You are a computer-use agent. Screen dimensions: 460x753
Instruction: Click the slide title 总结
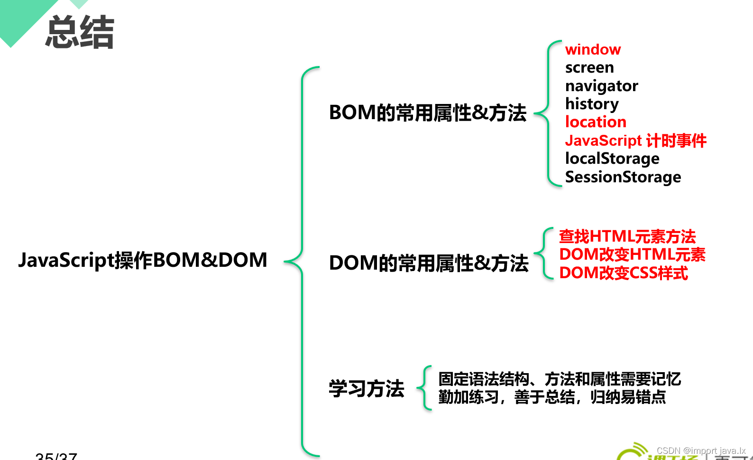point(80,32)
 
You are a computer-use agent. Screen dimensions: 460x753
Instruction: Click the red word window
point(593,49)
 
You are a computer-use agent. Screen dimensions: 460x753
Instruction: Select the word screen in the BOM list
point(589,67)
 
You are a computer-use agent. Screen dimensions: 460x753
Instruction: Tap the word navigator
point(601,86)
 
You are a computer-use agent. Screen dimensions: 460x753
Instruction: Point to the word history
point(592,104)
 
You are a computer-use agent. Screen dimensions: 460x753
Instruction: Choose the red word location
point(596,122)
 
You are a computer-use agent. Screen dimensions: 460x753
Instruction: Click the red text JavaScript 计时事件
point(635,141)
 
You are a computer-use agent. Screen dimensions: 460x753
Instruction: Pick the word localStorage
point(612,159)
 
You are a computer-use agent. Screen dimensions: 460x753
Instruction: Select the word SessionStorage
point(623,177)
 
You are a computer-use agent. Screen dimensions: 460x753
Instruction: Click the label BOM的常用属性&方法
point(428,113)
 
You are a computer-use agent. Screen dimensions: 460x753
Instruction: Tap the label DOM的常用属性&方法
point(429,263)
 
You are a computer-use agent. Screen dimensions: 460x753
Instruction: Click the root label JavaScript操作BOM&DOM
point(143,260)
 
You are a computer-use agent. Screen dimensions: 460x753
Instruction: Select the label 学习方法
point(367,388)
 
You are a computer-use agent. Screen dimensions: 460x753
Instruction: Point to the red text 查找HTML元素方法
point(627,236)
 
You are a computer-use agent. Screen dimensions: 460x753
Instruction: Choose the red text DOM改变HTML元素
point(632,254)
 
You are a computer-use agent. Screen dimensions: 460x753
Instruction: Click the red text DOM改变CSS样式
point(624,273)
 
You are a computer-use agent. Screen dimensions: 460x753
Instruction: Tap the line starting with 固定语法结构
point(560,379)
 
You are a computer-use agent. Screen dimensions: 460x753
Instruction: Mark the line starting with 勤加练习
point(552,397)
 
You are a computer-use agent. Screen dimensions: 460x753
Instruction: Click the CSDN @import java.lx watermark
point(701,451)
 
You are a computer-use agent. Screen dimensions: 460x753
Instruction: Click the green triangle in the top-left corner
point(21,17)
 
